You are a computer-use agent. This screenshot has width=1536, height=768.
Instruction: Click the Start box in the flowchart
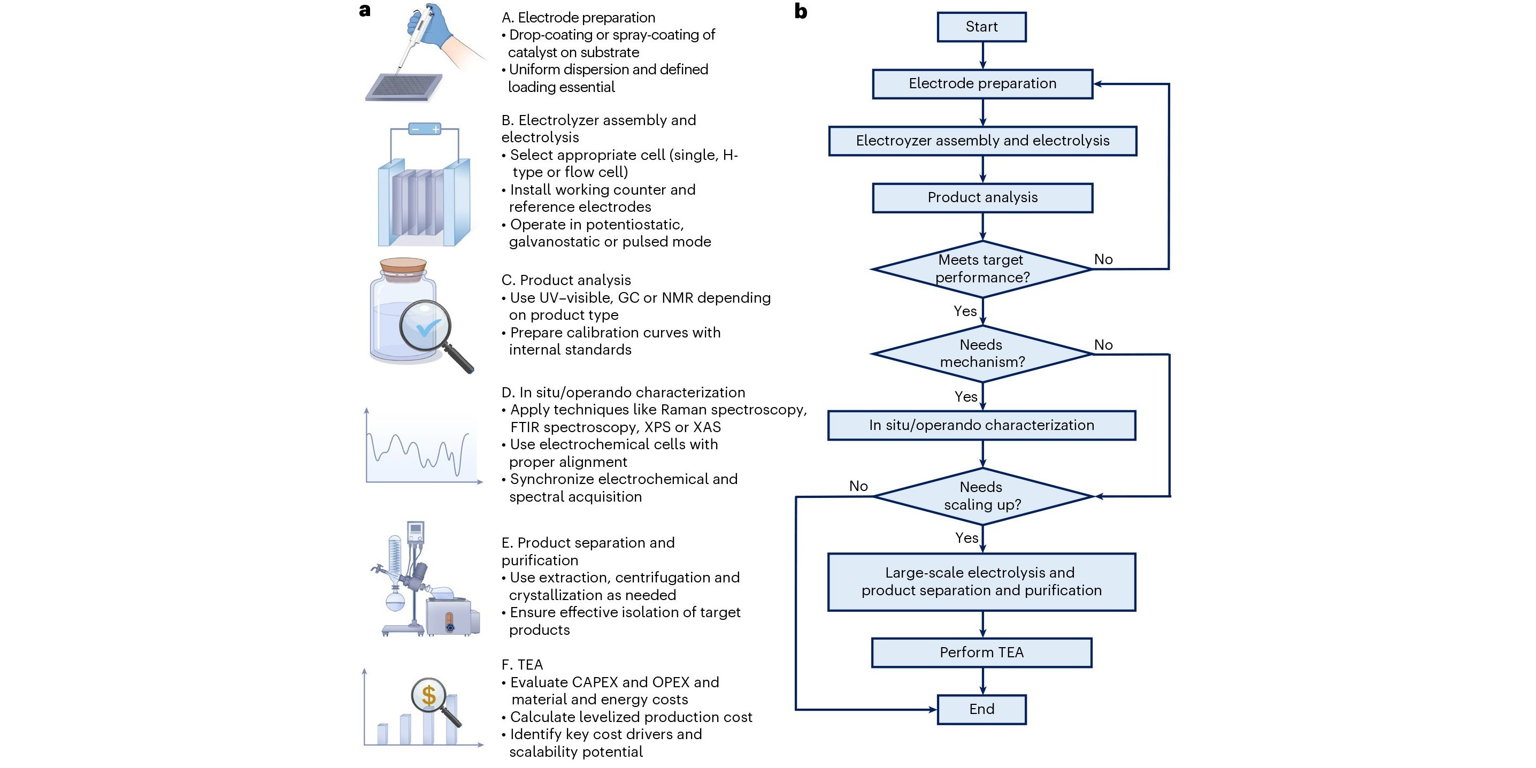click(x=981, y=27)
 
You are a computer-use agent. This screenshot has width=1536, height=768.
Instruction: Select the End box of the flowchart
click(x=981, y=709)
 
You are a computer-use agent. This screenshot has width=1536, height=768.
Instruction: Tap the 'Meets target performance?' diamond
click(x=982, y=269)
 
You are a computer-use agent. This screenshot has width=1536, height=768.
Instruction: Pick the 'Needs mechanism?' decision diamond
click(x=982, y=354)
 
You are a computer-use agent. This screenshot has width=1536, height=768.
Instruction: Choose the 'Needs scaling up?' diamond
click(x=982, y=496)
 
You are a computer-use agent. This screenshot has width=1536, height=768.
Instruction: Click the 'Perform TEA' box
click(x=981, y=652)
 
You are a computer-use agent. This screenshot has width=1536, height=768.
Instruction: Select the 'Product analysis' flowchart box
click(x=982, y=197)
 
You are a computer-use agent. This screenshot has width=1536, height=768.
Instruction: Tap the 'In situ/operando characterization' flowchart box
click(x=981, y=425)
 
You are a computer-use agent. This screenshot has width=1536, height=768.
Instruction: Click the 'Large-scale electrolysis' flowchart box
click(x=981, y=581)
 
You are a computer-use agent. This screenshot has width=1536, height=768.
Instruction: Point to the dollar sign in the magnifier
click(x=429, y=695)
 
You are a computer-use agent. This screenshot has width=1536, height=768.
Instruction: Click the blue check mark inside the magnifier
click(x=427, y=327)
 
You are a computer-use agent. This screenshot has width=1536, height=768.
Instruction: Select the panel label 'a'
click(x=365, y=10)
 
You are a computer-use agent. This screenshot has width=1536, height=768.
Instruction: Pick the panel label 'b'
click(x=801, y=11)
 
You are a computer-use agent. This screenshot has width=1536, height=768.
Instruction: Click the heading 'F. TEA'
click(x=523, y=664)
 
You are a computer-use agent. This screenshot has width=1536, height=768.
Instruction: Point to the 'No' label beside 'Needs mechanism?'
click(x=1103, y=344)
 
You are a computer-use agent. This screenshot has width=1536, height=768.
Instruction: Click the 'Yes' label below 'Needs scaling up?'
click(x=966, y=538)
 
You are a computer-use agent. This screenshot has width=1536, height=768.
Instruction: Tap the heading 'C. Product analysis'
click(x=566, y=280)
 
